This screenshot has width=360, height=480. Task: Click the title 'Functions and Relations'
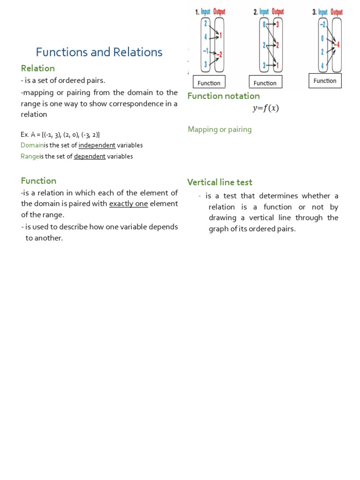(99, 52)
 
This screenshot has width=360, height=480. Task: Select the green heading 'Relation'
(38, 68)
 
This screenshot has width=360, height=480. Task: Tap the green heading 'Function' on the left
(38, 181)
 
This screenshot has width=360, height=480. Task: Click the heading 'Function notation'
(224, 96)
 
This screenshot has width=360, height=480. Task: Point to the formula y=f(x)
(265, 108)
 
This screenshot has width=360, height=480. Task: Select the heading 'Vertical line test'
(220, 182)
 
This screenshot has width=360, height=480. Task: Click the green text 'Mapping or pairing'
(220, 129)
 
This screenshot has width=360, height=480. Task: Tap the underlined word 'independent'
(97, 145)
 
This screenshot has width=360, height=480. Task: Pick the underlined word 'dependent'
(90, 157)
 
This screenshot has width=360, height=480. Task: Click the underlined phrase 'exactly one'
(128, 204)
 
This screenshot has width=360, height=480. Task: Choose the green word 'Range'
(30, 157)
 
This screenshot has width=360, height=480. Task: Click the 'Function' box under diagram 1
(209, 83)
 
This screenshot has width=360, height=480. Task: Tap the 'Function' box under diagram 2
(265, 83)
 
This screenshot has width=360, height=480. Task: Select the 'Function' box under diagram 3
(325, 81)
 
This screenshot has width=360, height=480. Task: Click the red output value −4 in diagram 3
(337, 45)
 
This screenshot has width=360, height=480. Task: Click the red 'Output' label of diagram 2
(278, 12)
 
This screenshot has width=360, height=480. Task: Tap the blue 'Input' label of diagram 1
(206, 12)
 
